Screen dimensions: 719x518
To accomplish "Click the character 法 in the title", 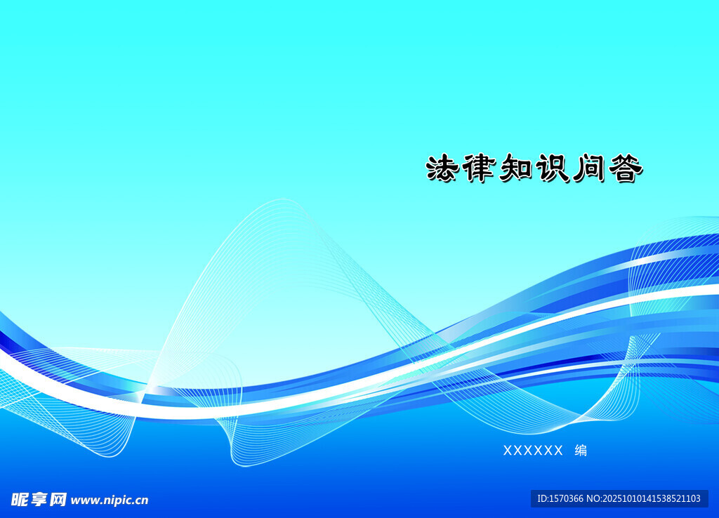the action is pyautogui.click(x=442, y=168).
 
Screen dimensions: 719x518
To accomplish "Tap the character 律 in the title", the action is pyautogui.click(x=478, y=168).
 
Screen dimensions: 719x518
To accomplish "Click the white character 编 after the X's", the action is pyautogui.click(x=581, y=451).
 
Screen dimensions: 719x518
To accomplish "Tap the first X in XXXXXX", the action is pyautogui.click(x=508, y=451).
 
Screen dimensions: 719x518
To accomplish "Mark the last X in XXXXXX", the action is pyautogui.click(x=558, y=451).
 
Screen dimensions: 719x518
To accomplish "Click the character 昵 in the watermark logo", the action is pyautogui.click(x=20, y=500).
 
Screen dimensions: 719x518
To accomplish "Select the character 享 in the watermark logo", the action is pyautogui.click(x=39, y=500).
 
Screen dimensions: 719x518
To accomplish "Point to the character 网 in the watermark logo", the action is pyautogui.click(x=58, y=500).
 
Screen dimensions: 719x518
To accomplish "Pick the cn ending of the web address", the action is pyautogui.click(x=142, y=500).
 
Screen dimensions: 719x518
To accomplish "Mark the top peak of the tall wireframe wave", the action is pyautogui.click(x=282, y=200).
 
